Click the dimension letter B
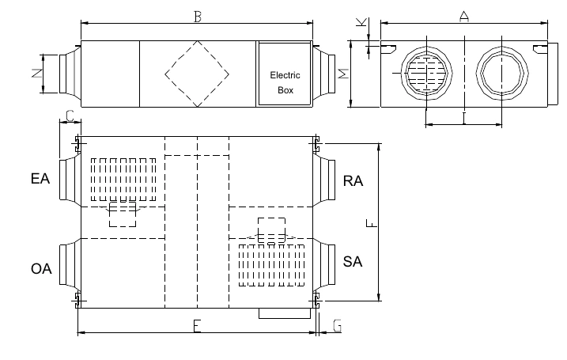pyautogui.click(x=198, y=17)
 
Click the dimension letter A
pyautogui.click(x=464, y=17)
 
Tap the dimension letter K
pyautogui.click(x=361, y=22)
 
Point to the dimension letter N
pyautogui.click(x=36, y=74)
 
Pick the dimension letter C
pyautogui.click(x=70, y=116)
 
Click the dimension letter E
pyautogui.click(x=197, y=326)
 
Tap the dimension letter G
pyautogui.click(x=337, y=326)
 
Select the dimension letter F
pyautogui.click(x=372, y=223)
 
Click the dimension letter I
pyautogui.click(x=464, y=119)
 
